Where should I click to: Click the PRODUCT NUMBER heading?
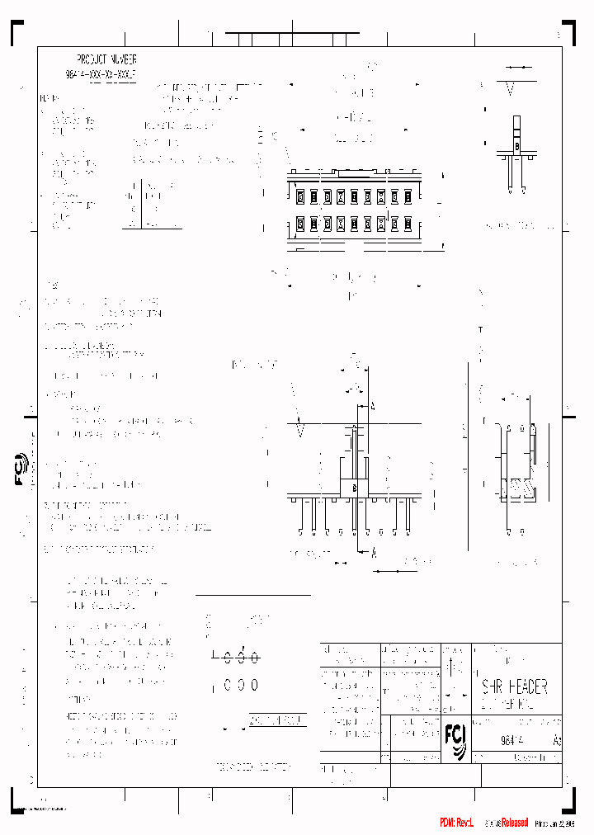coord(106,59)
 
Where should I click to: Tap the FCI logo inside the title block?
coord(455,733)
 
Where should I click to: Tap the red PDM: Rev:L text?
coord(456,823)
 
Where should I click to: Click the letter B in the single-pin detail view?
coord(517,147)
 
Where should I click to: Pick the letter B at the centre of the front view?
coord(355,489)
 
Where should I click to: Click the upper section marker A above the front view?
coord(374,407)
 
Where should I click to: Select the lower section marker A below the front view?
coord(374,554)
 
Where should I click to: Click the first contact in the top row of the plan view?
coord(301,196)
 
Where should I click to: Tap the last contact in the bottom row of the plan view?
coord(408,224)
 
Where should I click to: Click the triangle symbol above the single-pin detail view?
coord(511,87)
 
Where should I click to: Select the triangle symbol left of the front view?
coord(301,430)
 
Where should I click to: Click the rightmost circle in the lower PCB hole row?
coord(254,685)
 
